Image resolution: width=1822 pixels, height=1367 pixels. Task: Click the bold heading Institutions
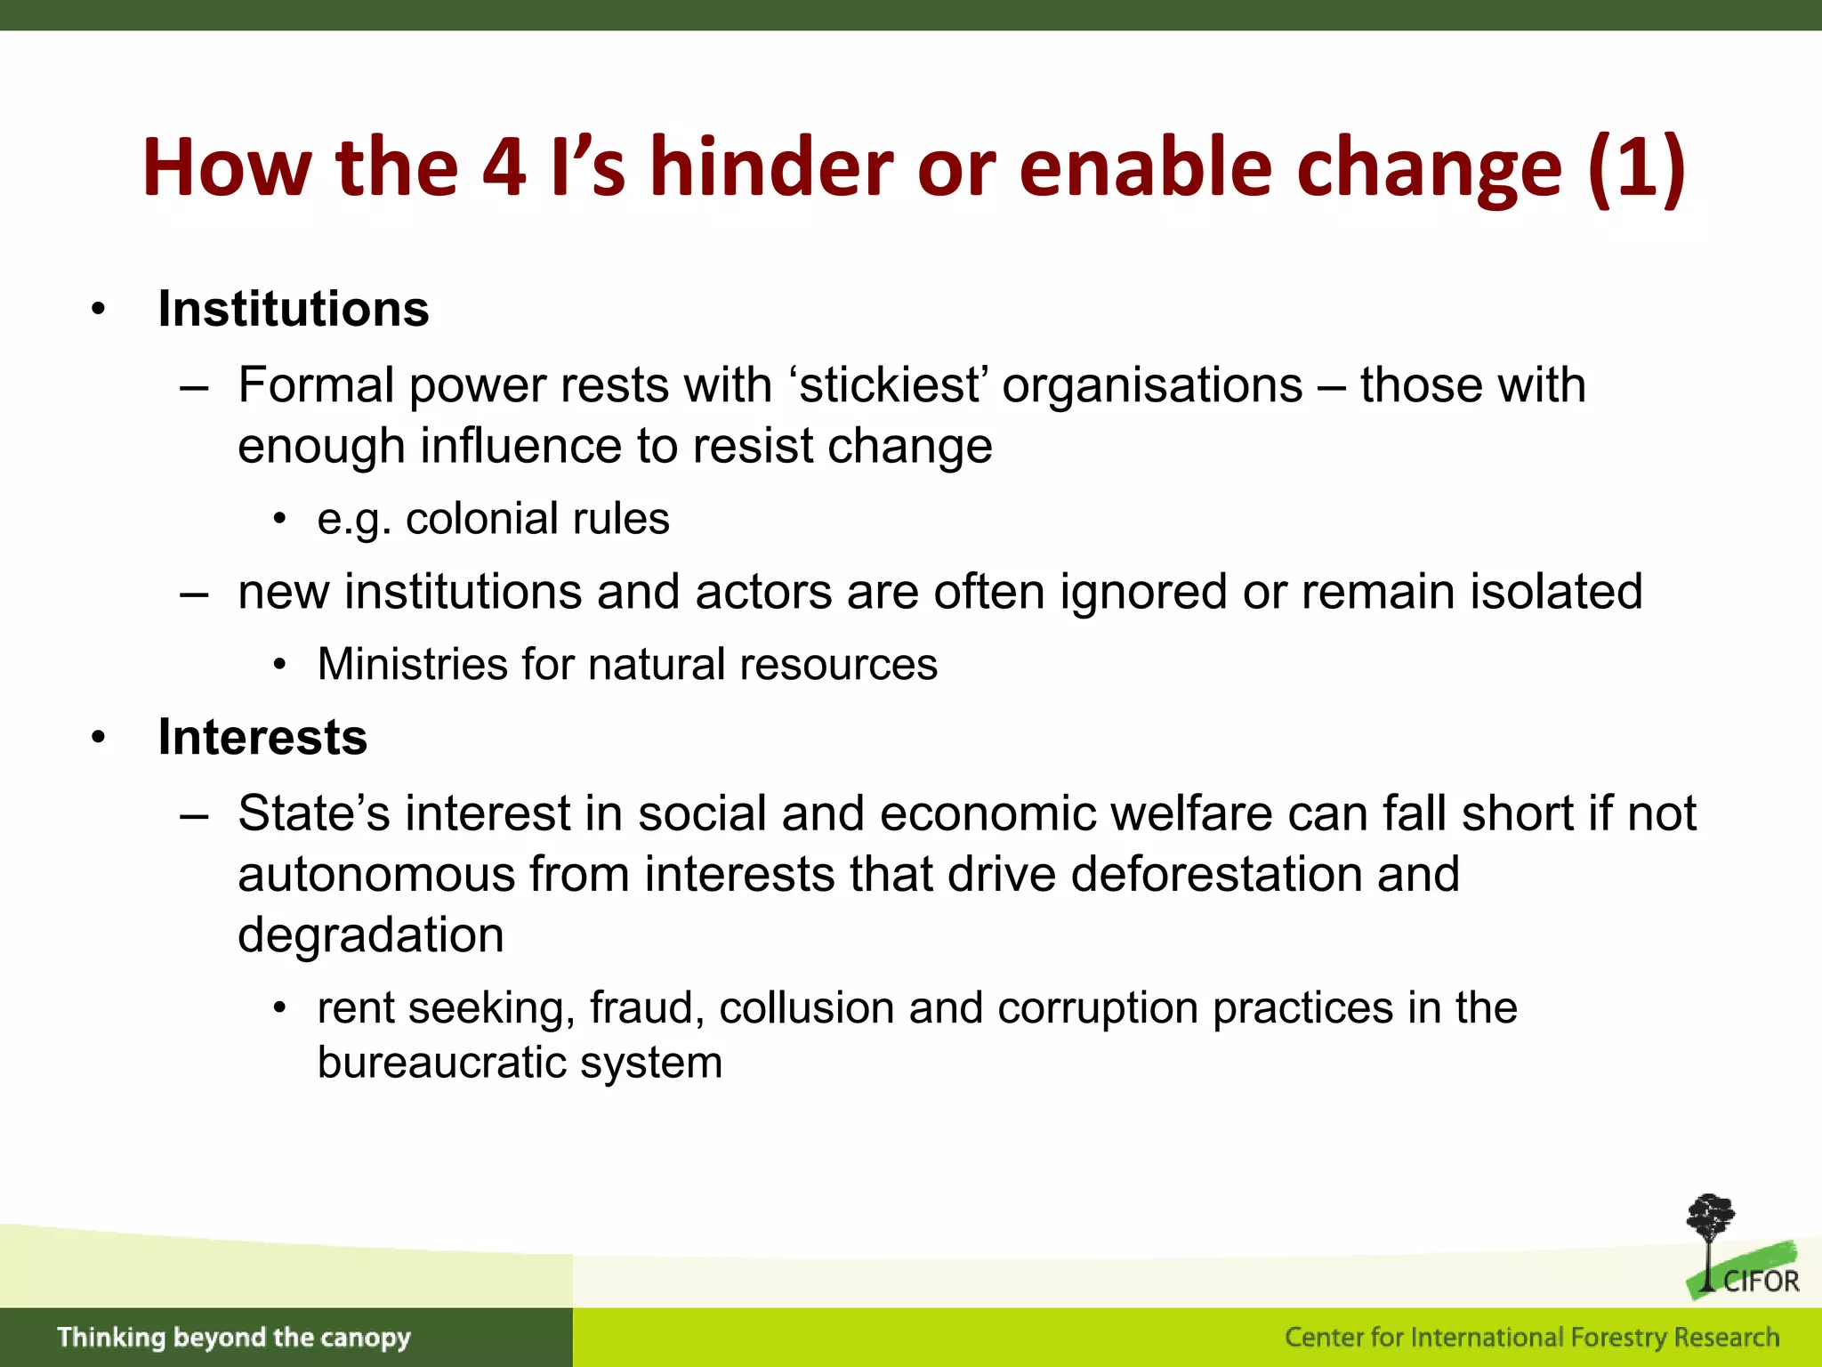(x=293, y=309)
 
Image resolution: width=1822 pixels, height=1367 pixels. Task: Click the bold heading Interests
(x=262, y=737)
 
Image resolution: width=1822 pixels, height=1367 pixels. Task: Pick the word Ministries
(x=412, y=664)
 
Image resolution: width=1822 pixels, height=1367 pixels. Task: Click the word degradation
(x=370, y=934)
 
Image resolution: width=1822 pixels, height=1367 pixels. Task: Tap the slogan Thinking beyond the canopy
(x=234, y=1337)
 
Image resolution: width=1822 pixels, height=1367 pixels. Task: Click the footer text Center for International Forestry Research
(x=1531, y=1337)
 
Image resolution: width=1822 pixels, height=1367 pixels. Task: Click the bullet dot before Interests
(x=98, y=737)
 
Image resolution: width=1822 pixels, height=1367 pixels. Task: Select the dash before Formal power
(x=193, y=387)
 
